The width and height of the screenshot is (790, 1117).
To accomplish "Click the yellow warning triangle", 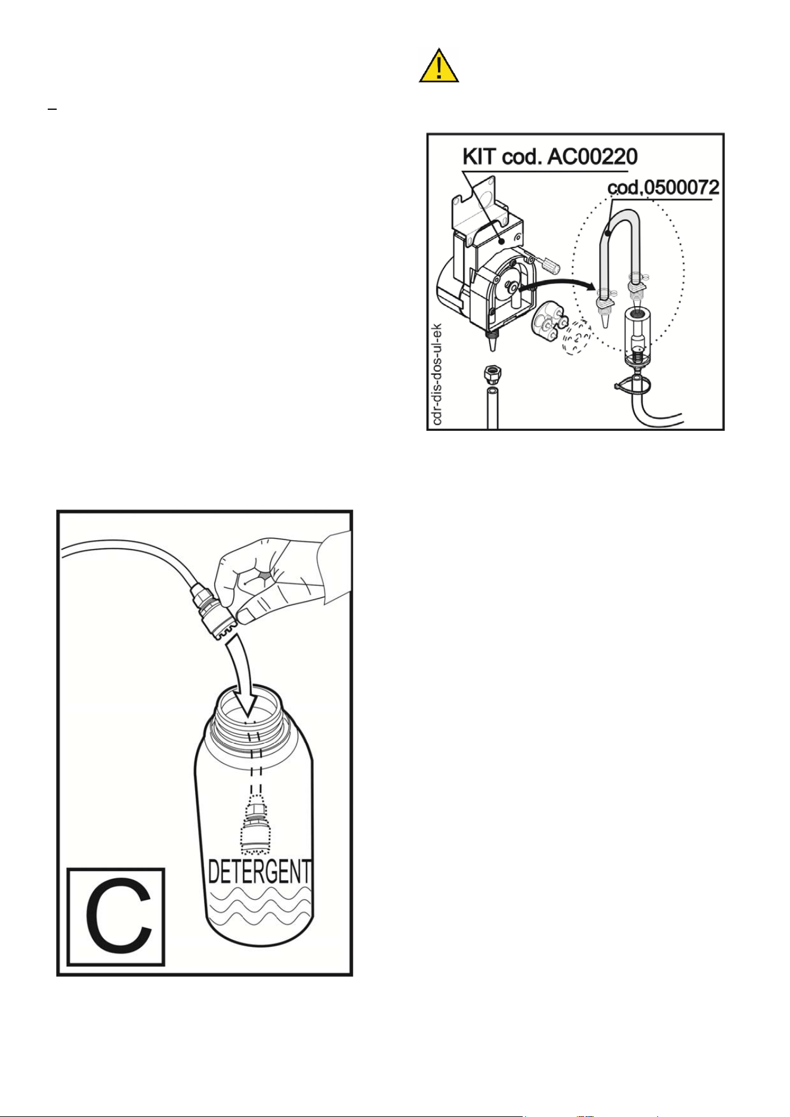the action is tap(439, 66).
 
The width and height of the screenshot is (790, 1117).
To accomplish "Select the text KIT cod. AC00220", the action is tap(550, 157).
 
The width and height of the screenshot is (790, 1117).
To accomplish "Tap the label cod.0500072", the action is tap(663, 188).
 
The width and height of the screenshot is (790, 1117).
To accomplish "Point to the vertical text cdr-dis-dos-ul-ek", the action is tap(437, 374).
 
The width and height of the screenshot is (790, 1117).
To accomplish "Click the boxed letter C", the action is tap(116, 917).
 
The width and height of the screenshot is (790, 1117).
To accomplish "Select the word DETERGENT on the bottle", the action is tap(260, 872).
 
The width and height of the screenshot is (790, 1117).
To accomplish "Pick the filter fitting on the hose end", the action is tap(214, 612).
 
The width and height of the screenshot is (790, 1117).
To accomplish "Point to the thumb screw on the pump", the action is tap(547, 263).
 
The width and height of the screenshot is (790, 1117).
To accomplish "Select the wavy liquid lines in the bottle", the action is tap(259, 906).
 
